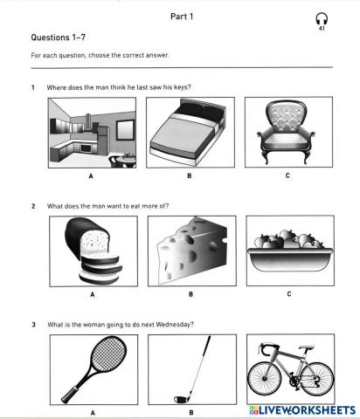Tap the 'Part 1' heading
(182, 17)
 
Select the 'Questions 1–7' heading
(59, 38)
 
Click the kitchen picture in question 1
(92, 133)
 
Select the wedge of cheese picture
(192, 251)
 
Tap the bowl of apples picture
(290, 251)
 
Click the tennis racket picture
(93, 369)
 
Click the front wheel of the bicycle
(265, 379)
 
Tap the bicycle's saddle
(307, 348)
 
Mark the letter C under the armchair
(287, 175)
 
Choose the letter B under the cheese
(190, 294)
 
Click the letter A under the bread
(93, 294)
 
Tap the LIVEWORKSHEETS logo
(302, 410)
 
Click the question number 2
(33, 206)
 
